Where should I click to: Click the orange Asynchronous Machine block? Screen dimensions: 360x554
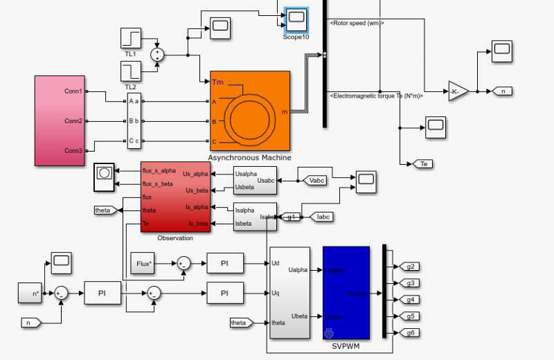[x=249, y=111]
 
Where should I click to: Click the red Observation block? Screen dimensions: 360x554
[x=174, y=197]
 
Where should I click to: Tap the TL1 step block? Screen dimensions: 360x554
[x=130, y=38]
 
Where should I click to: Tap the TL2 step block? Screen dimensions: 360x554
[x=130, y=71]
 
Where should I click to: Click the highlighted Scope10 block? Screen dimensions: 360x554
[x=296, y=17]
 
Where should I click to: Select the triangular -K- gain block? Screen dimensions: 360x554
[x=457, y=91]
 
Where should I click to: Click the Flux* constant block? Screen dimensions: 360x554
[x=143, y=263]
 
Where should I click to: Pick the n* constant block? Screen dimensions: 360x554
[x=30, y=293]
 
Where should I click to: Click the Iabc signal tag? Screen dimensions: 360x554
[x=323, y=217]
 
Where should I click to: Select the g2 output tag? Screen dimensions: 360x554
[x=411, y=267]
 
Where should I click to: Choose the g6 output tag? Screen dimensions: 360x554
[x=411, y=333]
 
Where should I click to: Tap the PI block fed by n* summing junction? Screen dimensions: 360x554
[x=102, y=294]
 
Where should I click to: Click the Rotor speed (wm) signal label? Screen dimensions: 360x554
[x=357, y=24]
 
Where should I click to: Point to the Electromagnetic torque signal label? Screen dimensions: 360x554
[x=377, y=96]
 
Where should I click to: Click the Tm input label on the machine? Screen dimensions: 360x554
[x=218, y=82]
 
